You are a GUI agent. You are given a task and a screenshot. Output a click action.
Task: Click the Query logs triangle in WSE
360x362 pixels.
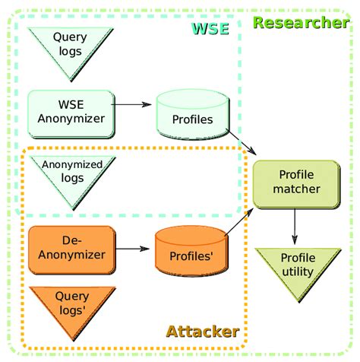click(70, 47)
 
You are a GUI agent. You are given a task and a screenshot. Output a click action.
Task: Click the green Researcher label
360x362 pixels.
click(301, 22)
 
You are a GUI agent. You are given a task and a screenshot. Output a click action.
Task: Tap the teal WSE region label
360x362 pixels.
click(210, 29)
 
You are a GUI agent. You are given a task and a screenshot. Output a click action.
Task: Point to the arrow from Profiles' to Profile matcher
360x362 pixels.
click(240, 221)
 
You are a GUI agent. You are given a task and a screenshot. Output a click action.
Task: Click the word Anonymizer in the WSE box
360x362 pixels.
click(70, 118)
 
